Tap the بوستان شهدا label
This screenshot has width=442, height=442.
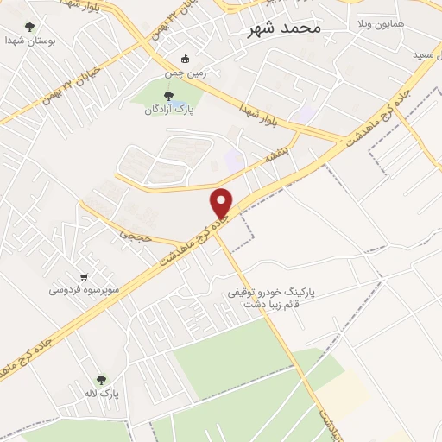coord(27,41)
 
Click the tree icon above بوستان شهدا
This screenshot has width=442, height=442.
coord(31,27)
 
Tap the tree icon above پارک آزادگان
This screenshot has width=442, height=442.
coord(167,96)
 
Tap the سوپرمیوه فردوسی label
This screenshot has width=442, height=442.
coord(84,290)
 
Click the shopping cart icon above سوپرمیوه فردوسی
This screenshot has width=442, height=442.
coord(84,276)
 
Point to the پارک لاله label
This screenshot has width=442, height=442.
coord(102,394)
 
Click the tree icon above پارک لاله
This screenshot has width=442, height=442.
coord(102,380)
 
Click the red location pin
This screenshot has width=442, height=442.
coord(222,202)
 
